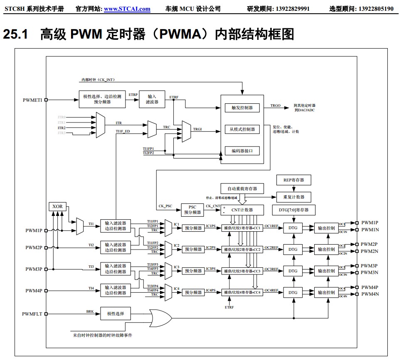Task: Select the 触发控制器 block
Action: click(242, 108)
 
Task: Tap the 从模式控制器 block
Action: click(242, 129)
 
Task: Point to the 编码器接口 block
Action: click(242, 151)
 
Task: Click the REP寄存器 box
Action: click(294, 180)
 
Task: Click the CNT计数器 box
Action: click(242, 210)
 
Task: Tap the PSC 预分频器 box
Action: click(192, 210)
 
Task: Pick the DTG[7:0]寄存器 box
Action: click(293, 210)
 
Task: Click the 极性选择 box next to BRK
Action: click(116, 313)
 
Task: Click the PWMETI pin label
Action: click(32, 100)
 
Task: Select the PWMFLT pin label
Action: click(32, 314)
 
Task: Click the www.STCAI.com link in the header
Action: click(127, 9)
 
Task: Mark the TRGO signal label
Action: click(276, 106)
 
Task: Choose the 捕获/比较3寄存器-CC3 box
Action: click(242, 271)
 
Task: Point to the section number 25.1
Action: click(15, 34)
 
